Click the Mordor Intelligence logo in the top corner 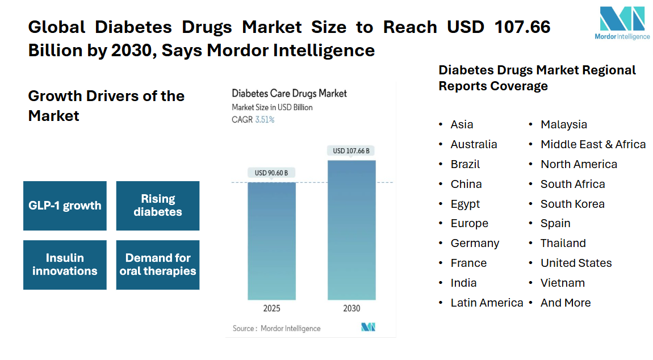(622, 23)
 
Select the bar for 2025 (271, 241)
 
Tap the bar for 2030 (351, 229)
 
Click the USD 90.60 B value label (271, 173)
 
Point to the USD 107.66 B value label (351, 150)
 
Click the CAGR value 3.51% (265, 120)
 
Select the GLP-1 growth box (65, 206)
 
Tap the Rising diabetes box (158, 206)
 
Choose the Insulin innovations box (65, 265)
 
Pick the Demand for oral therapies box (158, 265)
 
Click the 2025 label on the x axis (271, 309)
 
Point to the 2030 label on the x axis (351, 309)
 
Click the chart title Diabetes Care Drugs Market (289, 93)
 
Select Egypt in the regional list (465, 204)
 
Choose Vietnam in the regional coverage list (562, 283)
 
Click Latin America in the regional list (487, 303)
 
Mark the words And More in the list (566, 303)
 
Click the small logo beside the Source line (368, 327)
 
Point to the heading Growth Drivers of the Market (106, 106)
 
